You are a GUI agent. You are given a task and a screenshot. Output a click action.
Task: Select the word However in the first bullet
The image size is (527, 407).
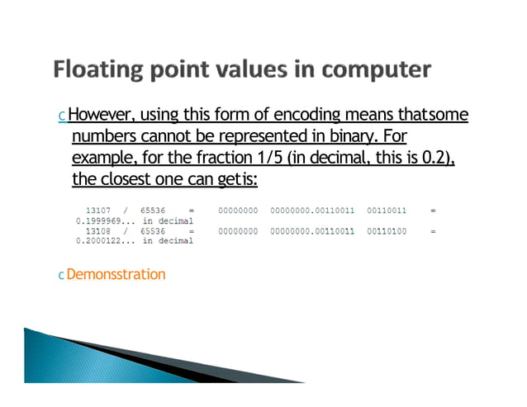[97, 114]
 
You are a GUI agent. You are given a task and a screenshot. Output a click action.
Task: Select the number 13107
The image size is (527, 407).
[99, 211]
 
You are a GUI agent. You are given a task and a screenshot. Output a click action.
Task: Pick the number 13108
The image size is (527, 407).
[99, 231]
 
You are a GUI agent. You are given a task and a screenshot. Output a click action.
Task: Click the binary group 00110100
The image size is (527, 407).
[387, 231]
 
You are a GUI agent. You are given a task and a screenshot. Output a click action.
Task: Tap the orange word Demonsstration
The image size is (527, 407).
[116, 274]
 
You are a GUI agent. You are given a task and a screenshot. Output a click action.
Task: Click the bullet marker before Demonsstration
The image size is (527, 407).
[60, 275]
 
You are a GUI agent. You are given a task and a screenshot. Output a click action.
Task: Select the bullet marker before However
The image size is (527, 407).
[61, 116]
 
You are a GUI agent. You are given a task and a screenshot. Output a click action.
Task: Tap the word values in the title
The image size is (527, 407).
[252, 69]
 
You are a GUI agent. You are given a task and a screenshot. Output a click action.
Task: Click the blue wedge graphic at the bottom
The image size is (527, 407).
[124, 356]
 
